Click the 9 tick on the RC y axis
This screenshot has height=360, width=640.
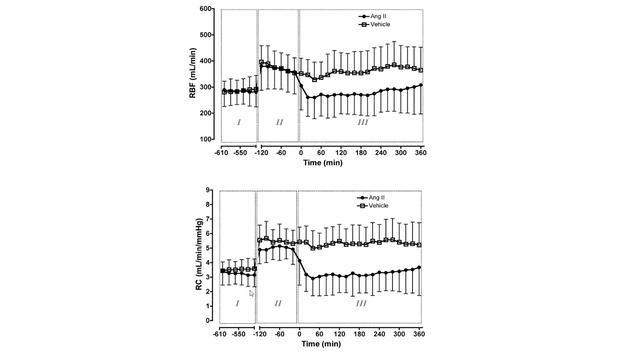click(210, 189)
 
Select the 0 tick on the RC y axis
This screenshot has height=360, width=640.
click(210, 320)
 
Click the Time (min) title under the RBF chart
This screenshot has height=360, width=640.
click(320, 161)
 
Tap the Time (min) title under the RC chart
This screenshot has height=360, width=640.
click(320, 342)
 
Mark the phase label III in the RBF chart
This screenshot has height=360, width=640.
click(362, 121)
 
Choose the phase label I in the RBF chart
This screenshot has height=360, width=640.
click(238, 121)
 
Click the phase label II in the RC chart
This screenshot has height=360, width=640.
click(278, 302)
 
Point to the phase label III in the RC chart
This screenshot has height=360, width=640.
click(362, 302)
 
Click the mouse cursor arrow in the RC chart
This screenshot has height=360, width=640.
click(252, 294)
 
